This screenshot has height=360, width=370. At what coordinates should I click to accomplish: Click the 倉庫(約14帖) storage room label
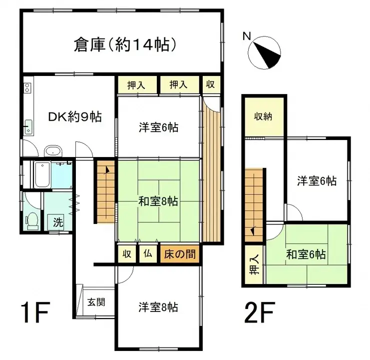(125, 45)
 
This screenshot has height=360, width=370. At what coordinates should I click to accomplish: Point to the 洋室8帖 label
(158, 306)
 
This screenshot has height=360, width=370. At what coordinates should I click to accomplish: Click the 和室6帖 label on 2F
(306, 254)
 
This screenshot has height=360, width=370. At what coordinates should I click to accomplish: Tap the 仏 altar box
(148, 253)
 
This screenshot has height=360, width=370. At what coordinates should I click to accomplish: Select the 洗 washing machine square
(58, 222)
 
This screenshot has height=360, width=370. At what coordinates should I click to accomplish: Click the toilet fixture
(32, 220)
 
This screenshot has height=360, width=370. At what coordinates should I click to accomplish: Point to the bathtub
(42, 174)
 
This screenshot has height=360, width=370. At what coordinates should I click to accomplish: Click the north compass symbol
(266, 54)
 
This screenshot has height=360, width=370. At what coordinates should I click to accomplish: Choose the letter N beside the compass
(246, 36)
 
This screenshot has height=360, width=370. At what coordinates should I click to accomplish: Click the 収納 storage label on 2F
(264, 117)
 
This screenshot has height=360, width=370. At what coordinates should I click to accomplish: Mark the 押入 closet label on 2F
(254, 265)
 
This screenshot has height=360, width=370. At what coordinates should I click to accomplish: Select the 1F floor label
(34, 313)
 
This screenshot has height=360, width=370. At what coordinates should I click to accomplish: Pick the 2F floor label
(260, 313)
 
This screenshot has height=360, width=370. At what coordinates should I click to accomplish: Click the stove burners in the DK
(27, 89)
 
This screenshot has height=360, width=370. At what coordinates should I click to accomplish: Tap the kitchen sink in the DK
(28, 126)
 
